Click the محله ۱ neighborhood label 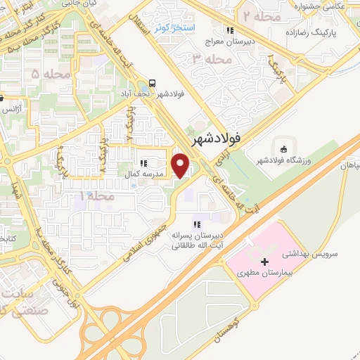pos(96,195)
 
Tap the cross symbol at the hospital pos(254,283)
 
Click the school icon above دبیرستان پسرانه pos(198,224)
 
